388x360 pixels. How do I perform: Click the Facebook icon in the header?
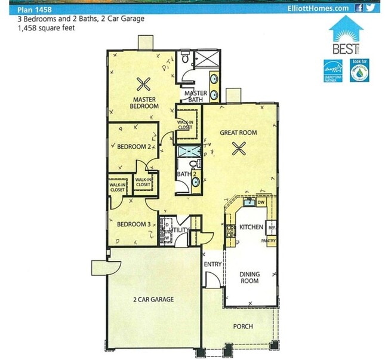click(359, 8)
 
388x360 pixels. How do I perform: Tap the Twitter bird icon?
click(371, 8)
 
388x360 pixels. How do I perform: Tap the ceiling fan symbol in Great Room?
click(241, 149)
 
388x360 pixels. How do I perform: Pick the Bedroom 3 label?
click(132, 224)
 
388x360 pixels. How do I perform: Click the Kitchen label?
click(251, 228)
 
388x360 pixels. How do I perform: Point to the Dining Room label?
click(250, 277)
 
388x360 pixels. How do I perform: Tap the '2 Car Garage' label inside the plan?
click(153, 299)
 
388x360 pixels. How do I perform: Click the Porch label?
click(243, 327)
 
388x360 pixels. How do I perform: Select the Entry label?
click(213, 264)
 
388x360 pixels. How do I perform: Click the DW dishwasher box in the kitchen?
click(261, 202)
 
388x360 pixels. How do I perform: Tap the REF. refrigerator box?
click(270, 227)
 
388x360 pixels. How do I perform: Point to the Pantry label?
click(268, 241)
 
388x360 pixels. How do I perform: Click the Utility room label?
click(180, 230)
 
